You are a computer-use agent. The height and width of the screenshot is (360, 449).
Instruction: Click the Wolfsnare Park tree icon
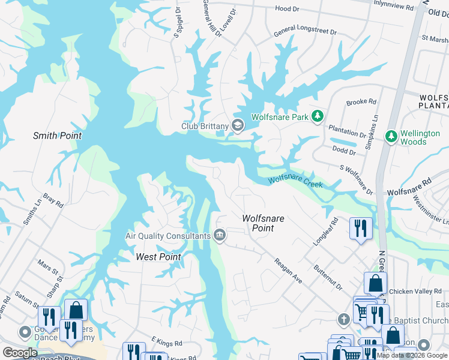tap(318, 116)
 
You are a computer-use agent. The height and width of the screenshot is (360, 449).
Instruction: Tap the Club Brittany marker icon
tap(238, 125)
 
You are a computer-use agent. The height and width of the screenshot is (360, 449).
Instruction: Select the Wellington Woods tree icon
tap(391, 137)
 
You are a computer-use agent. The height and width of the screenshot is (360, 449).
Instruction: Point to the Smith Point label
tap(57, 136)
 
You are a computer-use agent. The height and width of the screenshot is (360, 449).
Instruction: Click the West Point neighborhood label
tap(158, 257)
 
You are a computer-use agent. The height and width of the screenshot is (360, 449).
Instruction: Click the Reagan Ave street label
tap(288, 271)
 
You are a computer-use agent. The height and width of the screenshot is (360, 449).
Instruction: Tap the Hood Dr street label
tap(287, 9)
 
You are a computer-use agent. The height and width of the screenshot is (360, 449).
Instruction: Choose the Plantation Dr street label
tap(346, 131)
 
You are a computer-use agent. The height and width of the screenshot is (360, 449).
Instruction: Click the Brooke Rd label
tap(361, 102)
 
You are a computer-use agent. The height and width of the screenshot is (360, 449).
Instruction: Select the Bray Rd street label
tap(53, 200)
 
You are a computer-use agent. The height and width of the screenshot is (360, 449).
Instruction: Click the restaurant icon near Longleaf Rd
tap(361, 228)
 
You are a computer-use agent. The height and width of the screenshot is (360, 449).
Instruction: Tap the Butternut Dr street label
tap(327, 277)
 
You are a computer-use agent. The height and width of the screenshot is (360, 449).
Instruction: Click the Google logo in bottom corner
tap(20, 353)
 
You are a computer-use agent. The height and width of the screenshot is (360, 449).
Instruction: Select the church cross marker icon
tap(343, 319)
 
